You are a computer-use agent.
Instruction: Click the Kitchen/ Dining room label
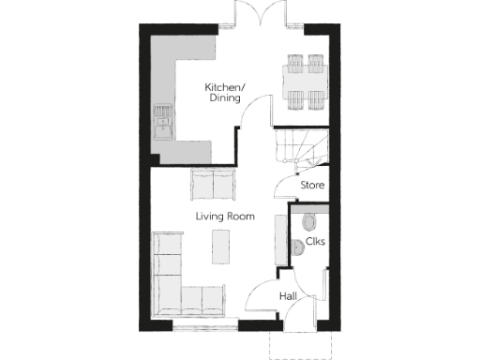tap(224, 92)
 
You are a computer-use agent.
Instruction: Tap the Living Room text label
tap(225, 217)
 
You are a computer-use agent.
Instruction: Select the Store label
tap(312, 186)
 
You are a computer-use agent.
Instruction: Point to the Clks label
tap(315, 242)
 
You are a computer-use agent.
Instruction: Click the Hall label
tap(289, 297)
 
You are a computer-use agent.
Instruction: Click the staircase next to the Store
tap(298, 146)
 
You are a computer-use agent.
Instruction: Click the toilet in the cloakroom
tap(309, 221)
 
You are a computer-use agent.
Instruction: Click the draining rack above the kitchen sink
tap(164, 114)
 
